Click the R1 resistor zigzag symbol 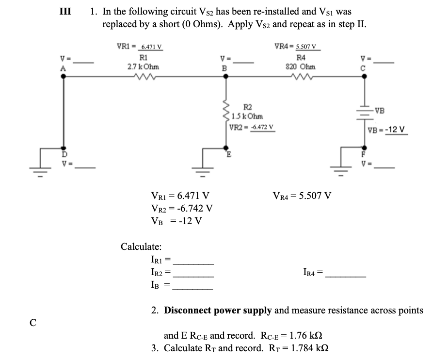tap(144, 76)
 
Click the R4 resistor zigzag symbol tap(302, 76)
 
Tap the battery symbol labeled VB tap(363, 111)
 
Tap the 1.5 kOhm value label tap(248, 116)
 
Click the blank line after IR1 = tap(193, 263)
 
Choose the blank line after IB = tap(193, 288)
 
